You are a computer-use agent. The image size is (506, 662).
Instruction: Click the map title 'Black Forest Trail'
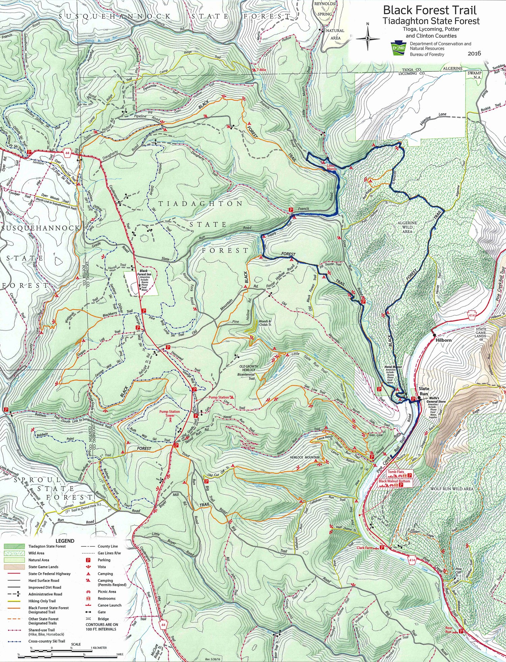click(430, 10)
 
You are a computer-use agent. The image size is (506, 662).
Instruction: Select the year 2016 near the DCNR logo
click(474, 53)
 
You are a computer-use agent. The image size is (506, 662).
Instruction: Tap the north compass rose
click(368, 38)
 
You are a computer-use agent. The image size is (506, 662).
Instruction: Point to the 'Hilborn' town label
click(443, 340)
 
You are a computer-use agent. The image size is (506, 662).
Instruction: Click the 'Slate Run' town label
click(424, 391)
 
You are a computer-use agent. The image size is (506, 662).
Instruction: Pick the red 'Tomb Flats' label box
click(396, 472)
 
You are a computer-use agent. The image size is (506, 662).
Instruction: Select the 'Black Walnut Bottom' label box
click(394, 481)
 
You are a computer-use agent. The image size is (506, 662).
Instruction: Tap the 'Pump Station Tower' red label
click(170, 413)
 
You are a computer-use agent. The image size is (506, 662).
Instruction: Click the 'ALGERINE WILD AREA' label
click(407, 227)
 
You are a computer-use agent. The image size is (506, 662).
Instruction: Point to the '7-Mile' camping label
click(261, 70)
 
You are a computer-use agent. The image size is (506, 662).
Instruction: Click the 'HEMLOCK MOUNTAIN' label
click(305, 457)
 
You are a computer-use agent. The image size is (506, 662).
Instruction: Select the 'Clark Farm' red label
click(365, 548)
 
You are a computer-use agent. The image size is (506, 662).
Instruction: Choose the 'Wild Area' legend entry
click(36, 553)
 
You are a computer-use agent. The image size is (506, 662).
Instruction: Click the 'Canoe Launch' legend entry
click(110, 605)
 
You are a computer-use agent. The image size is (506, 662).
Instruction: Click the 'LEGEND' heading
click(65, 540)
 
